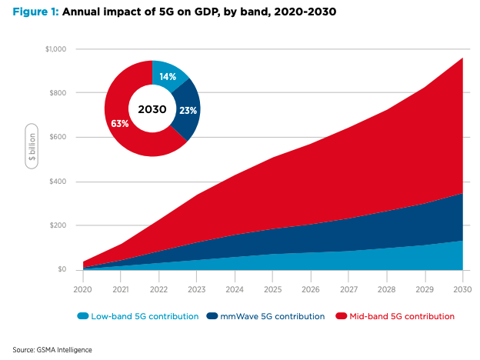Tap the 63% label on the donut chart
click(x=119, y=123)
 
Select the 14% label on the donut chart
click(x=168, y=77)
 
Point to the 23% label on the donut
click(x=187, y=111)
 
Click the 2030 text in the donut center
click(x=152, y=109)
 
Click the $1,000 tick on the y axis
click(x=55, y=49)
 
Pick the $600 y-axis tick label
click(x=58, y=138)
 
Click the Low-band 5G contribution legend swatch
click(x=83, y=316)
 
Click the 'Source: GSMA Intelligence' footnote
click(x=52, y=349)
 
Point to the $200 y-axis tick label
click(x=58, y=226)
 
